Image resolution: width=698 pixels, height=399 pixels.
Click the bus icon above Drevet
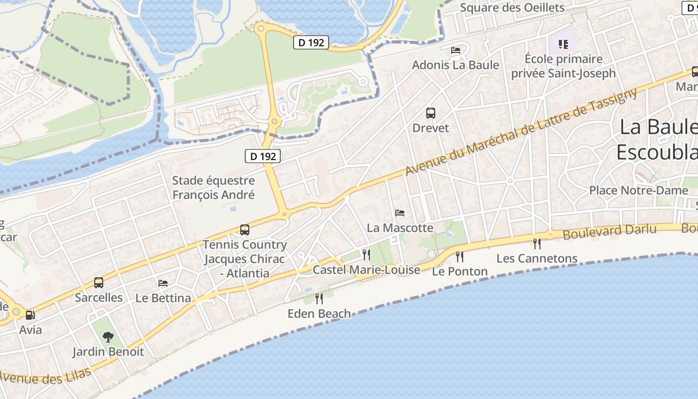tap(431, 113)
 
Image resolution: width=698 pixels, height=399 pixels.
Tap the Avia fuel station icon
tap(30, 315)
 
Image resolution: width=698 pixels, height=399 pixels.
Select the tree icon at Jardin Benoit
tap(108, 337)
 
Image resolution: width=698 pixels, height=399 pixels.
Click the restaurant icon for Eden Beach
tap(319, 299)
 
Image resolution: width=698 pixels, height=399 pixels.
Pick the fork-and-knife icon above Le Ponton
tap(460, 257)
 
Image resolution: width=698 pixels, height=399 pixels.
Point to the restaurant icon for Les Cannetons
tap(537, 244)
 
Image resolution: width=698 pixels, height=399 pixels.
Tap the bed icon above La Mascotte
tap(400, 213)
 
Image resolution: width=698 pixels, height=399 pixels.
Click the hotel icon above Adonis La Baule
tap(456, 50)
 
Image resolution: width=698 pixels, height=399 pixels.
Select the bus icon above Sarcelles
tap(99, 283)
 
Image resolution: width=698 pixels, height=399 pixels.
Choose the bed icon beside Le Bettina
tap(163, 283)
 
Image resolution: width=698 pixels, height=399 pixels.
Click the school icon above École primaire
tap(563, 44)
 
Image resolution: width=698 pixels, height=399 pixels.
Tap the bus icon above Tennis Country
tap(244, 230)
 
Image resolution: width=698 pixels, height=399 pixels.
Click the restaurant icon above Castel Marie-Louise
tap(366, 255)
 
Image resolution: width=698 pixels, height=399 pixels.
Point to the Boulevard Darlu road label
tap(609, 231)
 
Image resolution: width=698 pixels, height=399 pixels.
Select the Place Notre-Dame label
tap(638, 191)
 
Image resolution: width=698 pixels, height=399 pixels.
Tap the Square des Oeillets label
tap(512, 7)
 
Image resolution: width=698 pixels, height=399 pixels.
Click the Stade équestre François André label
tap(213, 188)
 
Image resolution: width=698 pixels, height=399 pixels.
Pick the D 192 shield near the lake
tap(311, 43)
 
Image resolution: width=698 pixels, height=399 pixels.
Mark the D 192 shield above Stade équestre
tap(263, 156)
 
